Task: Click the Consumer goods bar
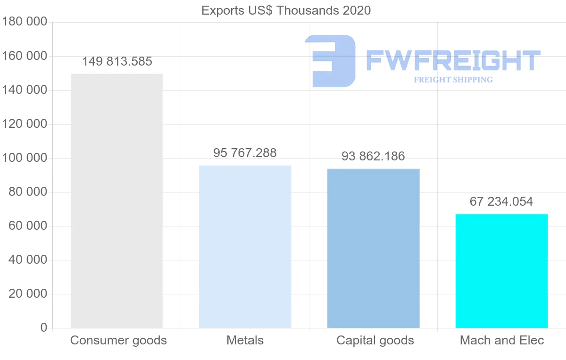117,201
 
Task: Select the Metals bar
245,246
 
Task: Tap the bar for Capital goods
373,248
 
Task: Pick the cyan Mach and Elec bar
501,271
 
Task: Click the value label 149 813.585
117,62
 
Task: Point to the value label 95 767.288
245,153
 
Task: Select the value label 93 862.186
373,156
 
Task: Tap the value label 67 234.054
501,201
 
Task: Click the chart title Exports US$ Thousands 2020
286,10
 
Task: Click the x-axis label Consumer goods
118,340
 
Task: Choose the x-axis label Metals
245,340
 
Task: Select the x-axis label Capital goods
375,340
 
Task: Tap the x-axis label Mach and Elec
502,340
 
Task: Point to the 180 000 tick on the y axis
25,22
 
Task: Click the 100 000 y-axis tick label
25,158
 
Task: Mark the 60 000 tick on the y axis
28,226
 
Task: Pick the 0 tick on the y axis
44,327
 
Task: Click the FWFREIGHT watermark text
453,61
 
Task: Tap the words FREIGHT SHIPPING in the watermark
453,80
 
